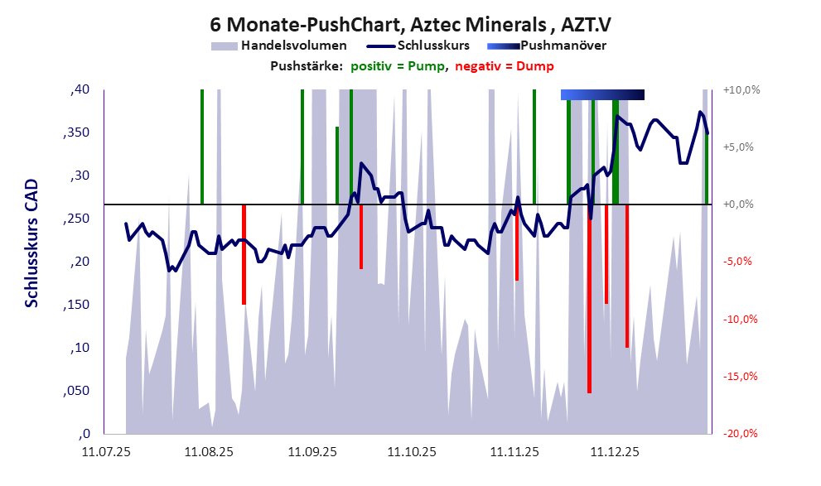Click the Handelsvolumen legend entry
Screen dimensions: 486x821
click(x=292, y=45)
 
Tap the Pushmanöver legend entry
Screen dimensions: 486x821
click(x=563, y=45)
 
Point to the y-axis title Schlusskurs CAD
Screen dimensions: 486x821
click(x=31, y=244)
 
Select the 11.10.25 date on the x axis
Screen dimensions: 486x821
click(x=412, y=452)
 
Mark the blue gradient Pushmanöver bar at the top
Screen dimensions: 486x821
click(x=602, y=94)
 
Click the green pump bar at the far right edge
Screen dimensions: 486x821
click(x=707, y=166)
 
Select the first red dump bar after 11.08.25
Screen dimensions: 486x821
click(x=244, y=254)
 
